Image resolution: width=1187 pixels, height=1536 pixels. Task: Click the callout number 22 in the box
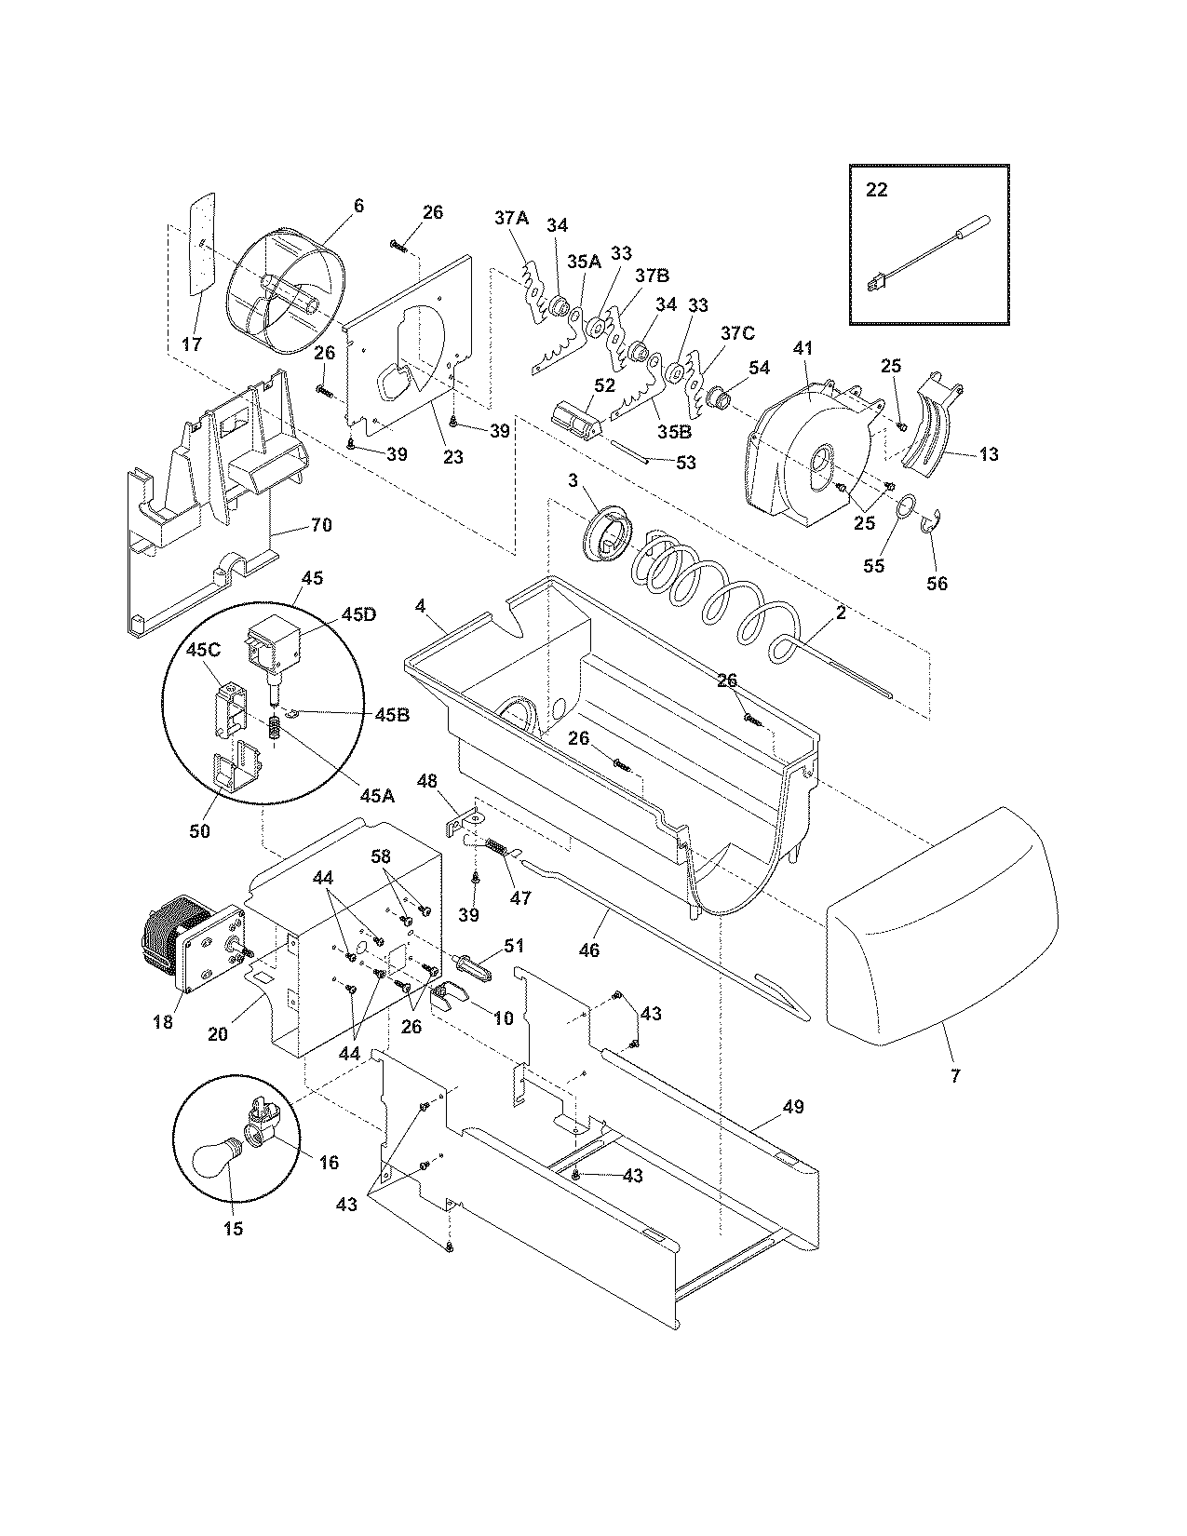tap(876, 190)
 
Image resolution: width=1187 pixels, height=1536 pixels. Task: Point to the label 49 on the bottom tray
tap(793, 1107)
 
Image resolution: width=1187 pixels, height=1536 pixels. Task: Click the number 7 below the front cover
tap(955, 1076)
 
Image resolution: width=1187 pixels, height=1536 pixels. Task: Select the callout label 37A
tap(511, 218)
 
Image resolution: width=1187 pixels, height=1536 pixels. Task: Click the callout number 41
tap(803, 348)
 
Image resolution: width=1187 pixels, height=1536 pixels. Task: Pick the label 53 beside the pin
tap(685, 463)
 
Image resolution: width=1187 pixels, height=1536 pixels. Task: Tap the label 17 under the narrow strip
tap(191, 344)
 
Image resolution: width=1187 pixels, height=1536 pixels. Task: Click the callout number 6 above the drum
tap(358, 206)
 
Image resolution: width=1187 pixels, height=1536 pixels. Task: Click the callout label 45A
tap(378, 795)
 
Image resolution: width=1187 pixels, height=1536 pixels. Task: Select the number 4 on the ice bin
tap(421, 606)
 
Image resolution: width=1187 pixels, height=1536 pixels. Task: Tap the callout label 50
tap(199, 830)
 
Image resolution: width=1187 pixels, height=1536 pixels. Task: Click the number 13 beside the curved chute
tap(988, 454)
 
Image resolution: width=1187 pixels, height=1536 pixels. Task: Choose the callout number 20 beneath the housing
tap(218, 1033)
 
